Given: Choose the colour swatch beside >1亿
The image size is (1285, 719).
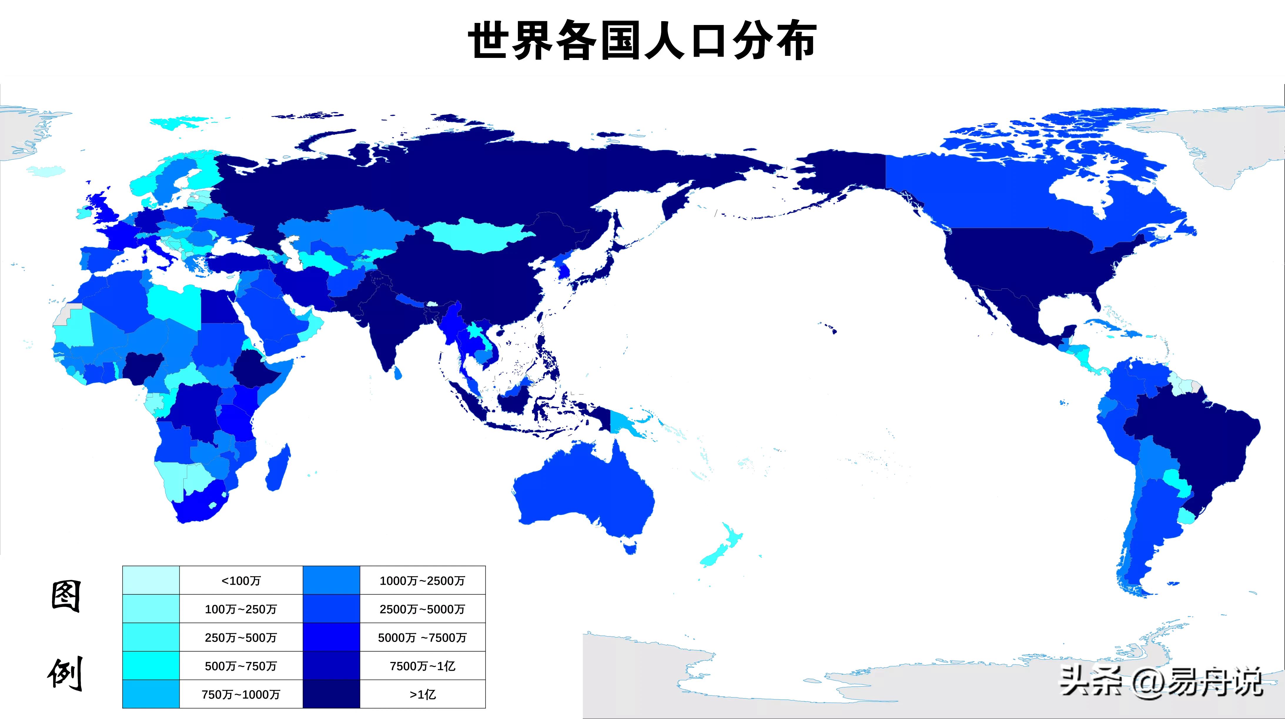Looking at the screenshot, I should (331, 694).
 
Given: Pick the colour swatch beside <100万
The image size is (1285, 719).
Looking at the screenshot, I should (151, 580).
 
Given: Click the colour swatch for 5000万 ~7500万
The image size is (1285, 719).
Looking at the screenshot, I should (331, 637).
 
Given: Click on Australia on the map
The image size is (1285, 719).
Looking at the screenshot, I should (584, 494).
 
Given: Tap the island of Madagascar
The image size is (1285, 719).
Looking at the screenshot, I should (278, 469).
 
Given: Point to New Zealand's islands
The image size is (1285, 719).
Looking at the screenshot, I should (721, 546).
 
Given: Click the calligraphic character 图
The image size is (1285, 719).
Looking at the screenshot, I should (66, 596).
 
